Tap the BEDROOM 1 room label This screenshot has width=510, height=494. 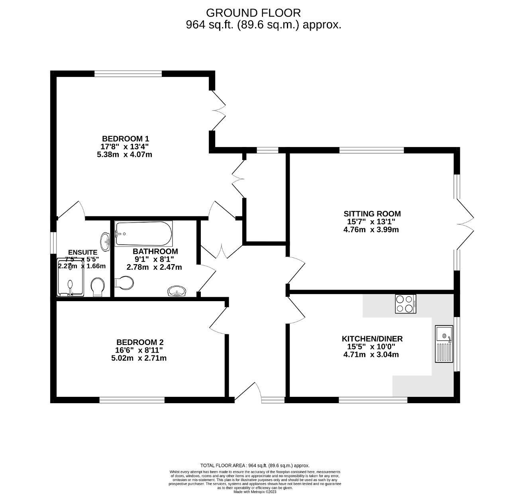pyautogui.click(x=125, y=139)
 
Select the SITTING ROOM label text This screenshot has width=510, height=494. pyautogui.click(x=372, y=214)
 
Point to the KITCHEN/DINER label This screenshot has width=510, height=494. pyautogui.click(x=372, y=339)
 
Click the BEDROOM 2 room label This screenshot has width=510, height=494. pyautogui.click(x=140, y=342)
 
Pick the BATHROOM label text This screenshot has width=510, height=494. pyautogui.click(x=155, y=251)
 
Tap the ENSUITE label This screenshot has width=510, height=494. pyautogui.click(x=82, y=252)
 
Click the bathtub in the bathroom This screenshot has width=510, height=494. pyautogui.click(x=143, y=234)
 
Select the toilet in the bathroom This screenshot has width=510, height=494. pyautogui.click(x=124, y=283)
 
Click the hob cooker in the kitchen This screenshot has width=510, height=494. pyautogui.click(x=406, y=304)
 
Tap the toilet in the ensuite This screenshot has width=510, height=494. pyautogui.click(x=97, y=286)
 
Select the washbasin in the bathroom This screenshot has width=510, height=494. pyautogui.click(x=177, y=291)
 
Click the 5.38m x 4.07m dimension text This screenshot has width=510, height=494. pyautogui.click(x=124, y=155)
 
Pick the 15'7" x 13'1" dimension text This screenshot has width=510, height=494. pyautogui.click(x=371, y=222)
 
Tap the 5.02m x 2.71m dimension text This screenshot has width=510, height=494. pyautogui.click(x=139, y=358)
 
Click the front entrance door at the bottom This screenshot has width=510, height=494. pyautogui.click(x=248, y=392)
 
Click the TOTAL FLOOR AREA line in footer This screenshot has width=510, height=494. pyautogui.click(x=255, y=465)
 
